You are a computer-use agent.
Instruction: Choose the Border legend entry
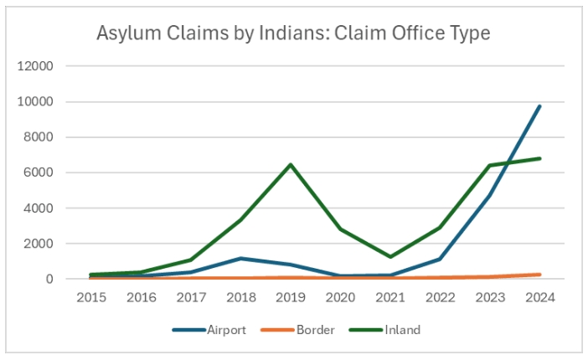[314, 330]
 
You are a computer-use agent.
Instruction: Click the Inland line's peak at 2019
[291, 164]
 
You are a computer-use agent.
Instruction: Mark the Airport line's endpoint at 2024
[539, 106]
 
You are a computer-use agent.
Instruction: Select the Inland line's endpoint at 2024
[539, 158]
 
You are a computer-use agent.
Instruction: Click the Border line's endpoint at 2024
[539, 275]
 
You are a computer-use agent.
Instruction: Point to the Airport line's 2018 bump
[240, 259]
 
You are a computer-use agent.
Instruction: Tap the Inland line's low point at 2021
[390, 257]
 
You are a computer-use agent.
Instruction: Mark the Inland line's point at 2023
[489, 166]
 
